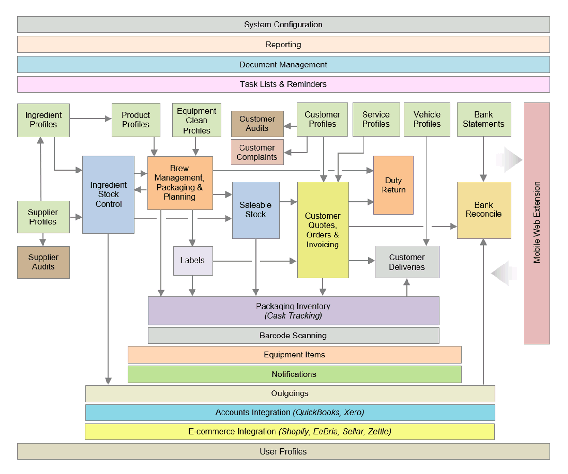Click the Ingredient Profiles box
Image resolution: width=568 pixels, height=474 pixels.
(x=43, y=120)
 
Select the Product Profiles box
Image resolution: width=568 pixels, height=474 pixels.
(x=135, y=120)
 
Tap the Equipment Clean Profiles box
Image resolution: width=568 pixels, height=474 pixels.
(x=196, y=120)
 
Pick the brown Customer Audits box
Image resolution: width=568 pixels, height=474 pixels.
(x=257, y=124)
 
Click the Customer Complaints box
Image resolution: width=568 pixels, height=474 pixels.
(x=257, y=152)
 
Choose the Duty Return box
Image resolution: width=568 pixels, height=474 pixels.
(x=393, y=185)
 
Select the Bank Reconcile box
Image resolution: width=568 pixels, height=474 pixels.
(x=484, y=210)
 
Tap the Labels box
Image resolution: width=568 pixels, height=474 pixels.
(x=193, y=261)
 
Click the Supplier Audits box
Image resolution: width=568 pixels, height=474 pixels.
(x=43, y=262)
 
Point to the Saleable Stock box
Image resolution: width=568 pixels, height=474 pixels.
(x=256, y=210)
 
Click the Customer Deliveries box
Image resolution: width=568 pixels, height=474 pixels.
(x=407, y=262)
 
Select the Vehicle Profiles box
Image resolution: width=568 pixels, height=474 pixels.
(x=427, y=119)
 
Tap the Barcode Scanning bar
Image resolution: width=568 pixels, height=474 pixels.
(x=293, y=336)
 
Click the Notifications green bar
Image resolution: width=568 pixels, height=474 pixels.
(x=294, y=374)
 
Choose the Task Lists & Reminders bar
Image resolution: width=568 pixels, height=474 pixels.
(x=283, y=84)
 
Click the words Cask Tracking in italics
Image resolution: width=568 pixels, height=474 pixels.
(x=293, y=316)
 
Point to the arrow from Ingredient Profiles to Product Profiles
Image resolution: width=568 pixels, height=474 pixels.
(x=90, y=119)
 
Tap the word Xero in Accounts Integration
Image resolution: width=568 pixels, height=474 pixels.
(x=354, y=412)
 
